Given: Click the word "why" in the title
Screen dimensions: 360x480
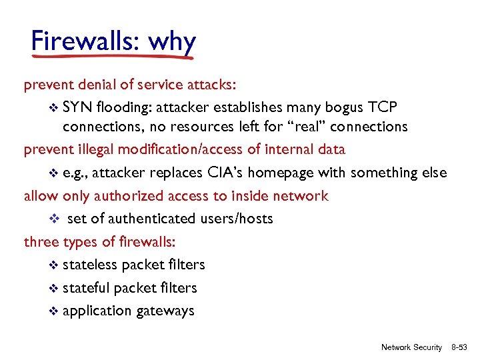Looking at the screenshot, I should click(172, 41).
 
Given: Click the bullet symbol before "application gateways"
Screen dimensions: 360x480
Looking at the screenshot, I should click(55, 311).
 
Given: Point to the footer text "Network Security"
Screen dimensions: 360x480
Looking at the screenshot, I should click(411, 347).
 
